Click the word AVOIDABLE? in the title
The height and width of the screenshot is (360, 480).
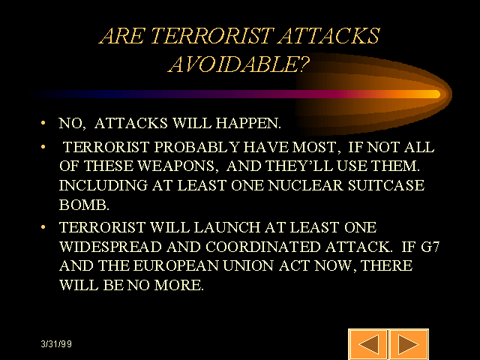[x=239, y=64]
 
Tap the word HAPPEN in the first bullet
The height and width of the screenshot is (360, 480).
[x=248, y=123]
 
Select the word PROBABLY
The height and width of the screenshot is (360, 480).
[x=196, y=147]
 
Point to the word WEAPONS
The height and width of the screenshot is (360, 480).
[x=176, y=166]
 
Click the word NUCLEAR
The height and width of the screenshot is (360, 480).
[x=305, y=185]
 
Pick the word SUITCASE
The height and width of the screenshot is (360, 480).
[x=386, y=185]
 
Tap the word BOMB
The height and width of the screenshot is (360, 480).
[x=84, y=205]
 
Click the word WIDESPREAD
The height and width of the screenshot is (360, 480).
[x=110, y=247]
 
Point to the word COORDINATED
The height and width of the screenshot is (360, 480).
[x=263, y=247]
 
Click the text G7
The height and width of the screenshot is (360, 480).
[x=430, y=247]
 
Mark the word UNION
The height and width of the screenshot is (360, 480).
[x=248, y=265]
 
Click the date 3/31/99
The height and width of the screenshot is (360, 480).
[x=56, y=344]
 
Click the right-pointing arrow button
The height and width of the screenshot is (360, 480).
[x=409, y=344]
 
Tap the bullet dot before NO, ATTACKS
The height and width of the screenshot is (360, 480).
[x=43, y=123]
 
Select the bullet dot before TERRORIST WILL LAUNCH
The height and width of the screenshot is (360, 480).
[x=43, y=227]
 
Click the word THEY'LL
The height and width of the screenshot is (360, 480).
[x=299, y=166]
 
